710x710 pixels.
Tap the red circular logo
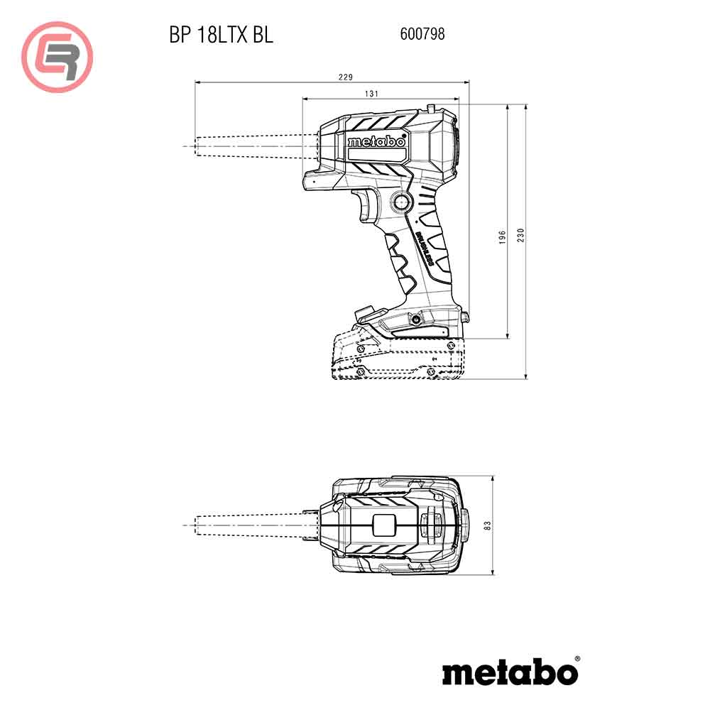coord(58,57)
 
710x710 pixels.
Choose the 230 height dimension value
coord(520,234)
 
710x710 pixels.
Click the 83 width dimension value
coord(487,526)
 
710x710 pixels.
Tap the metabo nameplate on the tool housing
coord(377,142)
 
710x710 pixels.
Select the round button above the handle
coord(400,202)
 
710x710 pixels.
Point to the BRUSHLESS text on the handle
coord(426,248)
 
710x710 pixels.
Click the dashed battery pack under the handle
coord(398,359)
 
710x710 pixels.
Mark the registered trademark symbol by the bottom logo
coord(576,660)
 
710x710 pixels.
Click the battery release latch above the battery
coord(365,313)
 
